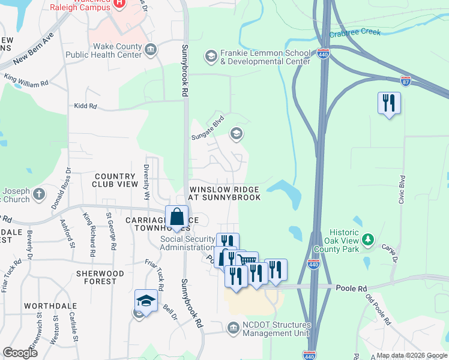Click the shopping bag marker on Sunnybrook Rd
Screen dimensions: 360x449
click(x=177, y=217)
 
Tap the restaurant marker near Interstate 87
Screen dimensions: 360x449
click(x=389, y=103)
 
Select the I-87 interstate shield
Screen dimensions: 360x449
click(x=406, y=80)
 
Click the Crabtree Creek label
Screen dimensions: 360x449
click(x=355, y=33)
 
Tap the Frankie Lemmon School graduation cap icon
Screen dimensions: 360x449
click(x=211, y=56)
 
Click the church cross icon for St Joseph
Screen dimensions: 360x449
click(x=39, y=194)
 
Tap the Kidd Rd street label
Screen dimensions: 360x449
click(x=85, y=106)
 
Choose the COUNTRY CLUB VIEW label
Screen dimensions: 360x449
click(x=116, y=180)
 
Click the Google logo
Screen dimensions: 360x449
click(x=20, y=353)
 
